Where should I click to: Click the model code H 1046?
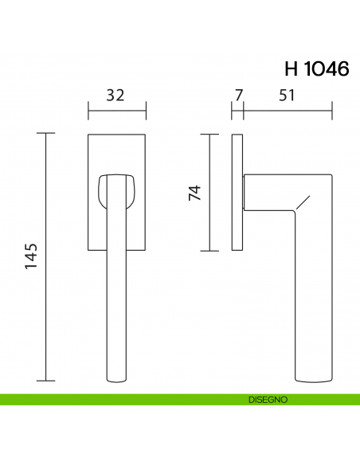(x=316, y=68)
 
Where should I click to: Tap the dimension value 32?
(x=115, y=96)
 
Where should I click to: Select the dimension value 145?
(x=32, y=256)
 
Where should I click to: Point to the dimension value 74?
(x=194, y=192)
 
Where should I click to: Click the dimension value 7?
(x=237, y=96)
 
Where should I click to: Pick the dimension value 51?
(x=288, y=96)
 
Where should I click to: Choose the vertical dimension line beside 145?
(x=47, y=256)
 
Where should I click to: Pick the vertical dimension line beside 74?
(x=209, y=192)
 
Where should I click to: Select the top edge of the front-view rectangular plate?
(x=116, y=133)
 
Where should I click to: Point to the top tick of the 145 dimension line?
(x=47, y=133)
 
